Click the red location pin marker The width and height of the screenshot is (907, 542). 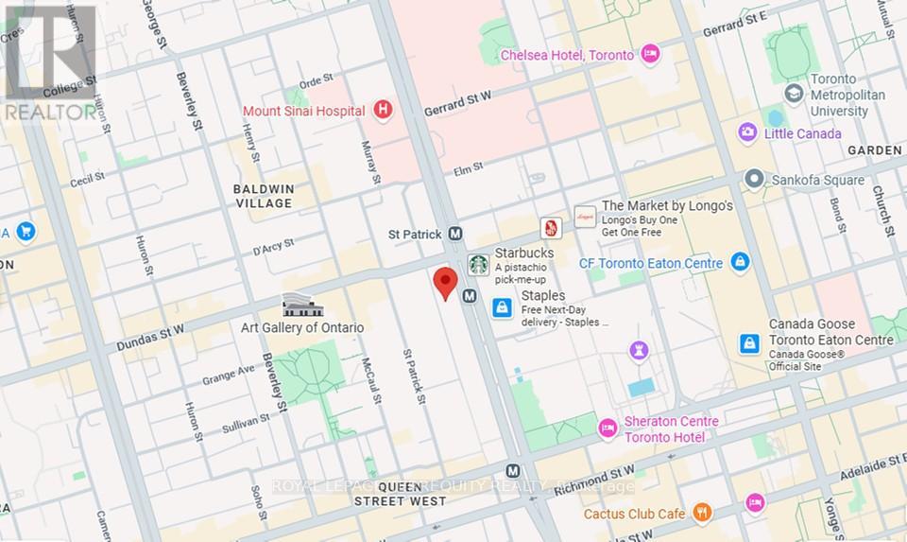(x=445, y=283)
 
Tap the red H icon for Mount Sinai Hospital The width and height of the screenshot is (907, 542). (x=383, y=111)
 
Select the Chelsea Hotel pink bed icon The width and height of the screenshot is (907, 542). (x=649, y=55)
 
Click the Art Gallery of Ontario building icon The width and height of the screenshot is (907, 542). (x=303, y=306)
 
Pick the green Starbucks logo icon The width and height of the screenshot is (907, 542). (x=479, y=264)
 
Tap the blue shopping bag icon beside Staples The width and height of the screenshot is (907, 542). (x=503, y=307)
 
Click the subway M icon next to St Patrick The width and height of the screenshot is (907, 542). (x=454, y=234)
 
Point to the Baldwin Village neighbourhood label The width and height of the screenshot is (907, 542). (x=265, y=196)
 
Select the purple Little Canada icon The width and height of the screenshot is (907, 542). (x=747, y=133)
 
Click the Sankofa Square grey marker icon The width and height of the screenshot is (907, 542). (x=754, y=179)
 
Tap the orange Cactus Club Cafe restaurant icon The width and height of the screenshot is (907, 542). (x=702, y=513)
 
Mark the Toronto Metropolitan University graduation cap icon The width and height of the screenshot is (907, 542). (x=794, y=94)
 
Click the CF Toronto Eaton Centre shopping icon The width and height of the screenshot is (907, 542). (x=740, y=262)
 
